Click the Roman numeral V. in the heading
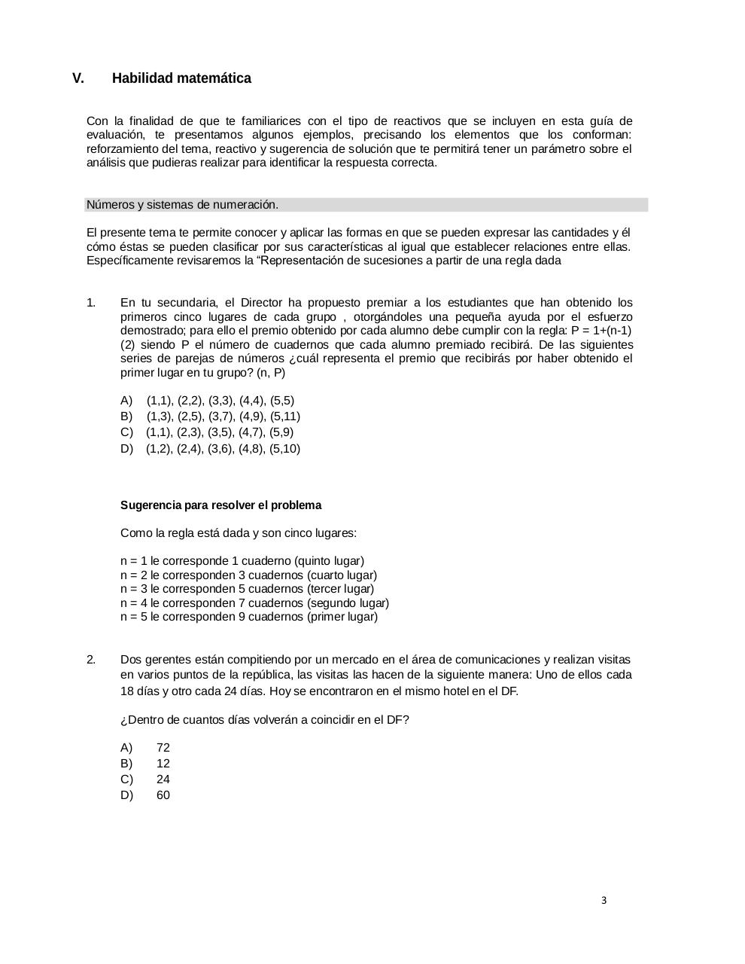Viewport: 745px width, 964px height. [78, 78]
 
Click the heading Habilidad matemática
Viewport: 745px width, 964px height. [181, 78]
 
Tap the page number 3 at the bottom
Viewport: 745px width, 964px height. [604, 900]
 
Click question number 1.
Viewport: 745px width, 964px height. [91, 303]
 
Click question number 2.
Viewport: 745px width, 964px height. [91, 660]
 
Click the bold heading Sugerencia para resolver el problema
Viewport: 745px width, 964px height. [220, 505]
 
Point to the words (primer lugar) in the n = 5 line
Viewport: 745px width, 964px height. [342, 617]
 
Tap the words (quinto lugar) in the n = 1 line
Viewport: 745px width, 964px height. [330, 561]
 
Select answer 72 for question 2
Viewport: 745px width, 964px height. [163, 748]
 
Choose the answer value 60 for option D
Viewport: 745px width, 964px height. [163, 795]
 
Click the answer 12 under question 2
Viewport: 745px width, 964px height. [163, 764]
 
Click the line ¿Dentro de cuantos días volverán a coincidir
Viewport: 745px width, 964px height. [264, 720]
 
